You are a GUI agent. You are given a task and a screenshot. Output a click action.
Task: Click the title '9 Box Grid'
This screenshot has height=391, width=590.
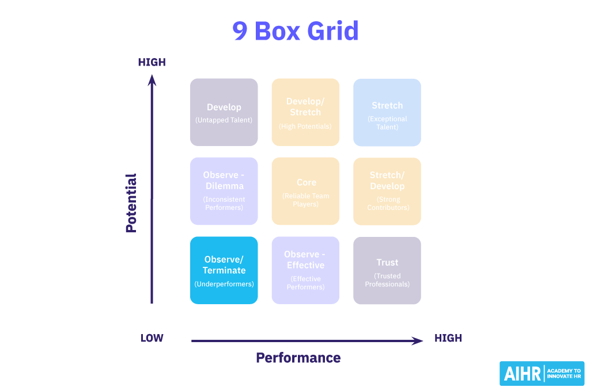[295, 30]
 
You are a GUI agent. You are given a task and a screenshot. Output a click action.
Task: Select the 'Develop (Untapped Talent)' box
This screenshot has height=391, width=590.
[224, 112]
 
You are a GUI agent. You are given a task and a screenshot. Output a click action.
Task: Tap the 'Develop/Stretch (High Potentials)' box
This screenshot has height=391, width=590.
[305, 112]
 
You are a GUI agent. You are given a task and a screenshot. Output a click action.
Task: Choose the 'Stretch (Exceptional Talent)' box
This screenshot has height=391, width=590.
[387, 112]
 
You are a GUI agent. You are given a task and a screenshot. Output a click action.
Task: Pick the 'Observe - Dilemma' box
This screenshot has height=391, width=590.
[224, 191]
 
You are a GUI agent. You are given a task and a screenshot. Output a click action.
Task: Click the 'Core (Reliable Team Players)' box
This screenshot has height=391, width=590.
[305, 191]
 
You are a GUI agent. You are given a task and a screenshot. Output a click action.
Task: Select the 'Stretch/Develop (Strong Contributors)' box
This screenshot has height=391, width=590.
[387, 191]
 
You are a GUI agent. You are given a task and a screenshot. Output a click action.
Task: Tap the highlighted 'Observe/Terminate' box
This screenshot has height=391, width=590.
[224, 270]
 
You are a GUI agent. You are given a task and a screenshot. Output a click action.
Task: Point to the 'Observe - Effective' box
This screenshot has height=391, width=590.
[305, 270]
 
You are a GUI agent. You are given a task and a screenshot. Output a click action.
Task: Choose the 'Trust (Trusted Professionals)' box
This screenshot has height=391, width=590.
[387, 270]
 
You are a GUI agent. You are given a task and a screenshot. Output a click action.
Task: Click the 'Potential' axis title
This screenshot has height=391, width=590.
[131, 203]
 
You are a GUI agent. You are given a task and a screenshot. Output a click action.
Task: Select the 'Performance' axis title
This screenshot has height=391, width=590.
[298, 358]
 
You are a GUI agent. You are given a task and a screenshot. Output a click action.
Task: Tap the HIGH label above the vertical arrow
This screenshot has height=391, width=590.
[152, 62]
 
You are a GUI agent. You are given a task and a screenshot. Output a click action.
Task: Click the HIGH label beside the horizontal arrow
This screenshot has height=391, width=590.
[448, 338]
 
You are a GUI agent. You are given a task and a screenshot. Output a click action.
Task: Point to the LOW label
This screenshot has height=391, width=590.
[152, 338]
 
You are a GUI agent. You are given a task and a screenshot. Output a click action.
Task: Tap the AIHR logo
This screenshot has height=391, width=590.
[542, 374]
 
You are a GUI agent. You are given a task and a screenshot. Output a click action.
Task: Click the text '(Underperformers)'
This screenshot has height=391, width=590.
[224, 284]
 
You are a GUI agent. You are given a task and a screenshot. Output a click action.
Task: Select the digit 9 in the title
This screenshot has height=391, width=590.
[240, 31]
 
